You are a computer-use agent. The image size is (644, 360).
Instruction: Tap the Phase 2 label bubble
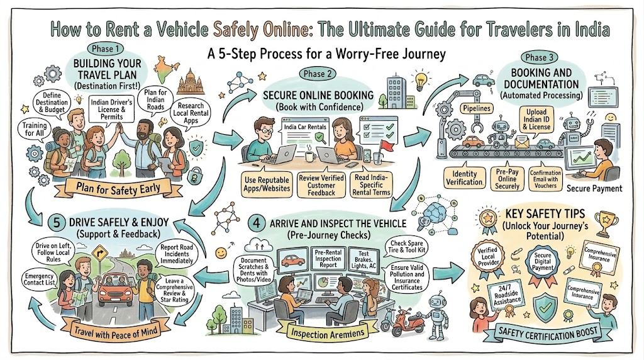coord(317,74)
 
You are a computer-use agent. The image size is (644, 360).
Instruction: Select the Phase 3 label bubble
coord(539,57)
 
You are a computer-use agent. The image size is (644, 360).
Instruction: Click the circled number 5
coord(57,223)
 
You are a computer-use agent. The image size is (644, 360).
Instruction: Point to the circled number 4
coord(257,223)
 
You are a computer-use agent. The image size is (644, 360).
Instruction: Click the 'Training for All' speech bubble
coord(35,130)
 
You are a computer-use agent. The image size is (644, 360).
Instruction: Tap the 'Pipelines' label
coord(477,108)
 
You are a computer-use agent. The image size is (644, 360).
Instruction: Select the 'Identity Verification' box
coord(464,178)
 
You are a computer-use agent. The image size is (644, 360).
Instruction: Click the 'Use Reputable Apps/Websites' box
coord(267,184)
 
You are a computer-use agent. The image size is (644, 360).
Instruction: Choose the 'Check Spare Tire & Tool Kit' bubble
coord(407,247)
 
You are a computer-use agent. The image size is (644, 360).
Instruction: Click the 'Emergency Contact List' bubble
coord(39,279)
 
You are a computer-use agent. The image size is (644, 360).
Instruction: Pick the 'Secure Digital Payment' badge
coord(543,263)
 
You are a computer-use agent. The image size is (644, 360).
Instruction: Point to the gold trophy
coord(606,220)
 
